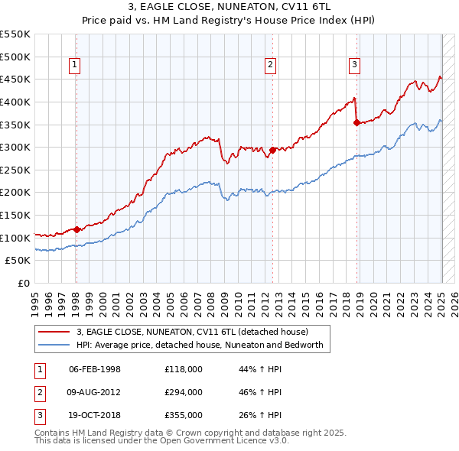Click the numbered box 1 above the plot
point(75,66)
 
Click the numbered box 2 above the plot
point(271,66)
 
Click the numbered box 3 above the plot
point(355,66)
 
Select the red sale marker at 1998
point(76,229)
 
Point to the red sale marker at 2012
point(273,150)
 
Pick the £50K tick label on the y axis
point(18,261)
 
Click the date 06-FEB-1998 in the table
point(95,369)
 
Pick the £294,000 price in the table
point(184,392)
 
